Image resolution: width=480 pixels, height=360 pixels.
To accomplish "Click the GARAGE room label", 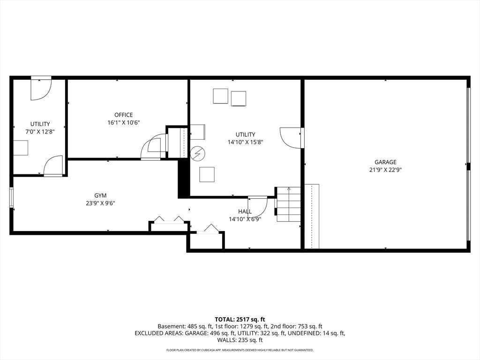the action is click(x=385, y=162).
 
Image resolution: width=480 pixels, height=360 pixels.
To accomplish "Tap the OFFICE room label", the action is click(x=124, y=115).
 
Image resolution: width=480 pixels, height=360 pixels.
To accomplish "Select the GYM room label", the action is click(x=100, y=195).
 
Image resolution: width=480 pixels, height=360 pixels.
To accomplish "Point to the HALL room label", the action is click(x=245, y=211).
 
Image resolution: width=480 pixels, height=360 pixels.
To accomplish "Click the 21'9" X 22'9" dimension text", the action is click(x=385, y=170).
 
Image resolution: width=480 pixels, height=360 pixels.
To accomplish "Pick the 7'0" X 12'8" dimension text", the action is click(x=40, y=132).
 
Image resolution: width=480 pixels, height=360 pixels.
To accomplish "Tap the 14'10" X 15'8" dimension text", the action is click(x=246, y=142).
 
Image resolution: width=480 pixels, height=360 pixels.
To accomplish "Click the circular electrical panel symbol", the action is click(x=198, y=153).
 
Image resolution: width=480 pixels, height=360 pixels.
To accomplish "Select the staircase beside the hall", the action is click(x=288, y=204).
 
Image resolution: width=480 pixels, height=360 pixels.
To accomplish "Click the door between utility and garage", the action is click(x=291, y=138).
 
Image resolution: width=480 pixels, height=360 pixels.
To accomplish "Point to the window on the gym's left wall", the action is click(x=11, y=197).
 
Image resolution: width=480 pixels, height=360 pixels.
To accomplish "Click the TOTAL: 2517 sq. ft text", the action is click(x=240, y=320).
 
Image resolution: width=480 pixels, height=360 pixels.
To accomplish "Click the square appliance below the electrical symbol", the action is click(x=207, y=174).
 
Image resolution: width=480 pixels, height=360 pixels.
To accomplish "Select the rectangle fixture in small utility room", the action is click(x=21, y=148).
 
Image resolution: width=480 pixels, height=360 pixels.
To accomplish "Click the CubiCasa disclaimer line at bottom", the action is click(x=240, y=350).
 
